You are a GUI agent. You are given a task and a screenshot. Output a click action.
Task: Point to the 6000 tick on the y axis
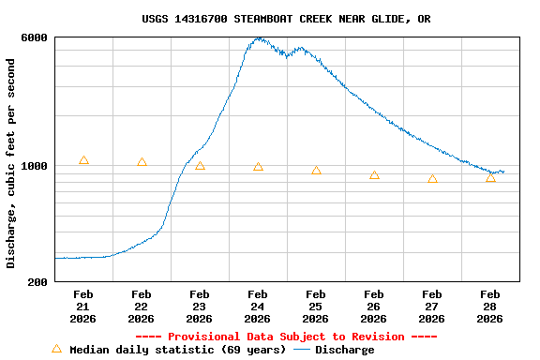tap(36, 37)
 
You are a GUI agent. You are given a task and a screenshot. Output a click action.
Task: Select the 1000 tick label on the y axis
tap(36, 166)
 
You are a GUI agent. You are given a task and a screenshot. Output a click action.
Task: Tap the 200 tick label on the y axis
tap(38, 282)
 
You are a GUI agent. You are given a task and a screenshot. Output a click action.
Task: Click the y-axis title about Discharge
tap(11, 163)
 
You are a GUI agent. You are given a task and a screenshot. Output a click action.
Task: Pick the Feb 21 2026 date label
tap(83, 307)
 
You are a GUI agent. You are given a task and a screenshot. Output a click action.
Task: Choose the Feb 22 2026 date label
tap(142, 307)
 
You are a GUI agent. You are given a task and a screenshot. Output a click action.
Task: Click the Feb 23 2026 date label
tap(200, 307)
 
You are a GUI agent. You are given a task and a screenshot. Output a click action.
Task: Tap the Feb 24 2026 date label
tap(258, 307)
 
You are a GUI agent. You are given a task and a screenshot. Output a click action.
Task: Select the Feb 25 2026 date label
tap(316, 307)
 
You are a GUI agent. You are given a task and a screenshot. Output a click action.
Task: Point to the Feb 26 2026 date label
tap(374, 307)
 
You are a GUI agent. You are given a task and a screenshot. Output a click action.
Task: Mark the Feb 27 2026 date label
tap(432, 307)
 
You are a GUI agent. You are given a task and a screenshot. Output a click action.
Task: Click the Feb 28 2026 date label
tap(490, 307)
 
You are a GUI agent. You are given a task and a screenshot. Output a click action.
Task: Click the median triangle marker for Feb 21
tap(83, 161)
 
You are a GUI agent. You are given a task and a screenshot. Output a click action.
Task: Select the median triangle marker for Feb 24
tap(258, 167)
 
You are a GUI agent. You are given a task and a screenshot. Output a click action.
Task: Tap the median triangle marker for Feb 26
tap(374, 175)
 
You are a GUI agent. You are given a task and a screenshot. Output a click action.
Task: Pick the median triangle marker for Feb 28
tap(490, 177)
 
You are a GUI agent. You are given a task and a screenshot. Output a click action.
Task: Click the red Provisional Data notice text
tap(286, 337)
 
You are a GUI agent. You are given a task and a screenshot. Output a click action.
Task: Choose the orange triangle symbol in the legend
tap(56, 349)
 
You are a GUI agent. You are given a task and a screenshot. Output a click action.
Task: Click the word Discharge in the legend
tap(344, 350)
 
